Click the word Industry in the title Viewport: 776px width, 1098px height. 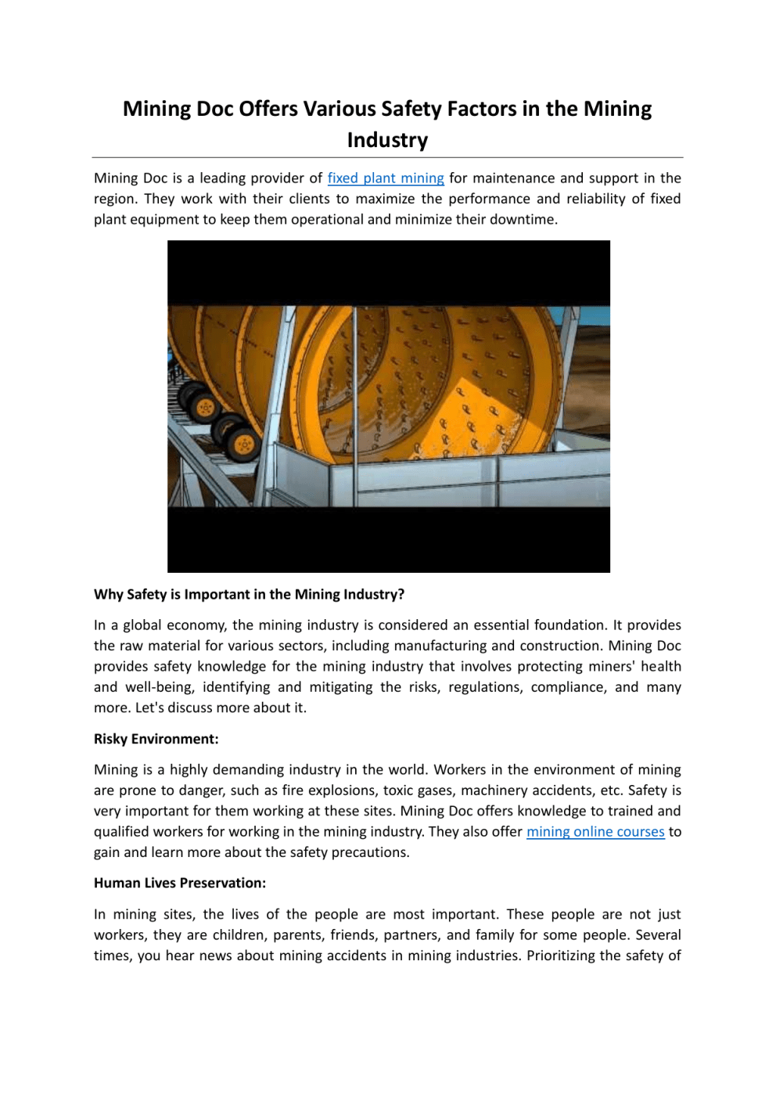pos(387,140)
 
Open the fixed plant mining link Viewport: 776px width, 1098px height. pos(386,178)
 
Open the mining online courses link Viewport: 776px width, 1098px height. pos(595,832)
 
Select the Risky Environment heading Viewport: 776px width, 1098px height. pos(156,739)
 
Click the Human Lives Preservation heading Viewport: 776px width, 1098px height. pos(180,883)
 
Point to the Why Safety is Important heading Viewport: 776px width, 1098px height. pos(249,594)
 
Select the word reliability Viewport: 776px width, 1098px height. pos(596,199)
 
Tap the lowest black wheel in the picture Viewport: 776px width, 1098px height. pos(243,445)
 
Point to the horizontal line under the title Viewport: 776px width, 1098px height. pos(387,158)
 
